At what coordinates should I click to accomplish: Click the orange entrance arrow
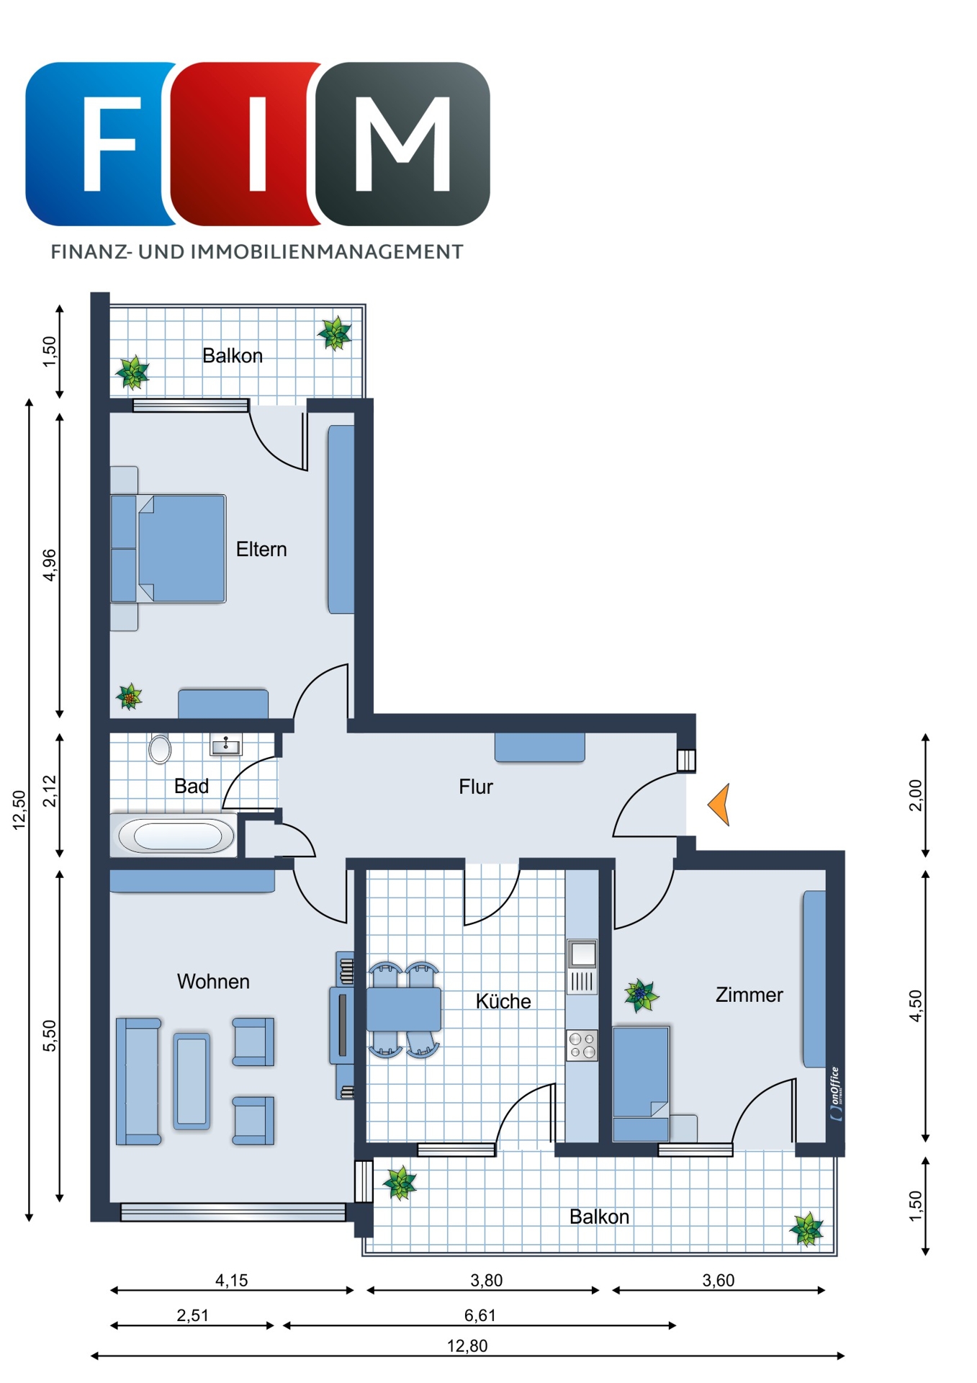[721, 804]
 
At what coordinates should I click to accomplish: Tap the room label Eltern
[261, 550]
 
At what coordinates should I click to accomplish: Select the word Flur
[476, 787]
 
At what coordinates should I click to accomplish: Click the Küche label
[503, 1001]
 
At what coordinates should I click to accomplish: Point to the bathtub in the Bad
[175, 836]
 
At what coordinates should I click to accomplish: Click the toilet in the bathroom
[160, 748]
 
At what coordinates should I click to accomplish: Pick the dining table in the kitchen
[404, 1009]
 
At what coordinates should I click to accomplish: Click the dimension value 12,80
[467, 1346]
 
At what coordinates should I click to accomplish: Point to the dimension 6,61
[480, 1315]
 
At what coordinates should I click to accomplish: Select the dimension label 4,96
[49, 565]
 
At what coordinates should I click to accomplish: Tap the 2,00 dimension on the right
[915, 795]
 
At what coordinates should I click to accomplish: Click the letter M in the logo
[403, 144]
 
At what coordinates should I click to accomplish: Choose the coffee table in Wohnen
[192, 1080]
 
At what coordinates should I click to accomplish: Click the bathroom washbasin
[225, 744]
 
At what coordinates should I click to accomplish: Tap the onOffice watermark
[836, 1093]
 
